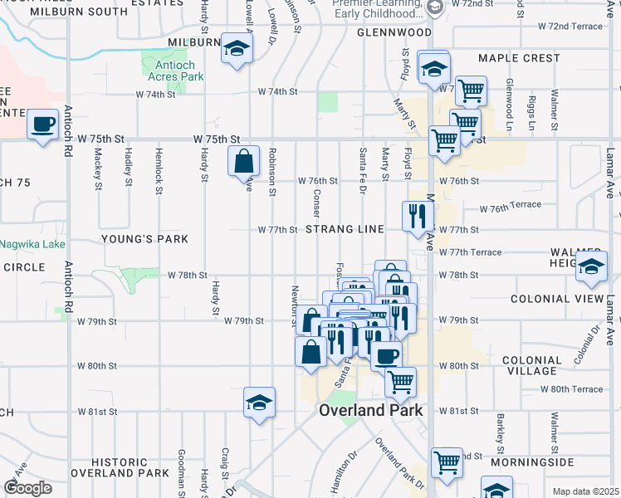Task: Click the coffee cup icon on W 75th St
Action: pyautogui.click(x=42, y=125)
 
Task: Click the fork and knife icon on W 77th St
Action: pyautogui.click(x=418, y=217)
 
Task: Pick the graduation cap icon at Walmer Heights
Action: pyautogui.click(x=591, y=266)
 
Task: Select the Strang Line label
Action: pyautogui.click(x=345, y=229)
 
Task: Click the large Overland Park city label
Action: pyautogui.click(x=371, y=410)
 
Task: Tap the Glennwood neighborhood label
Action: pyautogui.click(x=394, y=32)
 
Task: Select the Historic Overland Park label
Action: pyautogui.click(x=119, y=467)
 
